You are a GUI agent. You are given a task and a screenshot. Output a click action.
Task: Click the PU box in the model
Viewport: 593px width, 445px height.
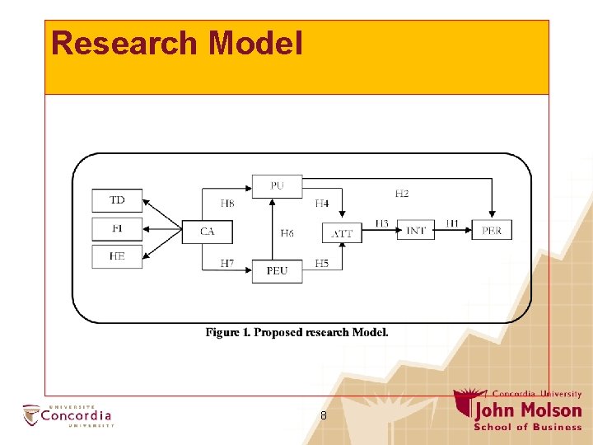click(x=277, y=186)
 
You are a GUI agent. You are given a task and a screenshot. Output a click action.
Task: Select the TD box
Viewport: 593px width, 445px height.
click(x=117, y=200)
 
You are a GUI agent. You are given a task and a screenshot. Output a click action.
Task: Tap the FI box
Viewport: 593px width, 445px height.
click(x=117, y=227)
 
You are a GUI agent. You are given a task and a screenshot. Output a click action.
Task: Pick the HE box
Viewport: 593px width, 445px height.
click(x=117, y=256)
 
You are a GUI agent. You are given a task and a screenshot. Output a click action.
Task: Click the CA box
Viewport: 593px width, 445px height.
click(x=207, y=232)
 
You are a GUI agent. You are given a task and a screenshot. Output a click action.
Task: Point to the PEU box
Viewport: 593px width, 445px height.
click(x=277, y=271)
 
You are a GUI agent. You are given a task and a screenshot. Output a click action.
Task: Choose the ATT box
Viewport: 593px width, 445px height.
click(x=342, y=233)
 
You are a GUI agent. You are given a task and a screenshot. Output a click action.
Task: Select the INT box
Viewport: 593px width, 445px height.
click(x=416, y=231)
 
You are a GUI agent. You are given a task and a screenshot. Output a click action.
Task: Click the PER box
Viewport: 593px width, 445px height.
click(x=492, y=231)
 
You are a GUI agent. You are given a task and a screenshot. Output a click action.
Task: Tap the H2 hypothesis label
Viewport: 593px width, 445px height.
click(x=401, y=194)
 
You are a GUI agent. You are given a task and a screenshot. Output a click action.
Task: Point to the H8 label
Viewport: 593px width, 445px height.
click(x=227, y=203)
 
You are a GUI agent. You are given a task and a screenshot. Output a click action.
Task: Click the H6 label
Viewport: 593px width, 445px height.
click(x=287, y=233)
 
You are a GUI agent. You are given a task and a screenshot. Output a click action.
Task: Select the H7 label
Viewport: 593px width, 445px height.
click(x=227, y=264)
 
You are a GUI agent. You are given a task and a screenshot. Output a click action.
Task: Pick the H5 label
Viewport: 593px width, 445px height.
click(x=321, y=264)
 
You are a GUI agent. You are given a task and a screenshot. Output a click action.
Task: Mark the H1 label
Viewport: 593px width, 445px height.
click(x=452, y=223)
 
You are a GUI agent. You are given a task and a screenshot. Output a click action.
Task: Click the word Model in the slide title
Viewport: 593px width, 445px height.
click(x=255, y=43)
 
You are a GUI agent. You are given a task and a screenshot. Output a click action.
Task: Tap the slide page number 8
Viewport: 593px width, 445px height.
click(x=324, y=416)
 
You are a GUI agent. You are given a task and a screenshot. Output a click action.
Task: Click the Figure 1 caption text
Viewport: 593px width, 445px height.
click(x=296, y=332)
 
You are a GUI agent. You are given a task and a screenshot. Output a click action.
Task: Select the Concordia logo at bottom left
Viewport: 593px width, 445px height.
click(x=68, y=415)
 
